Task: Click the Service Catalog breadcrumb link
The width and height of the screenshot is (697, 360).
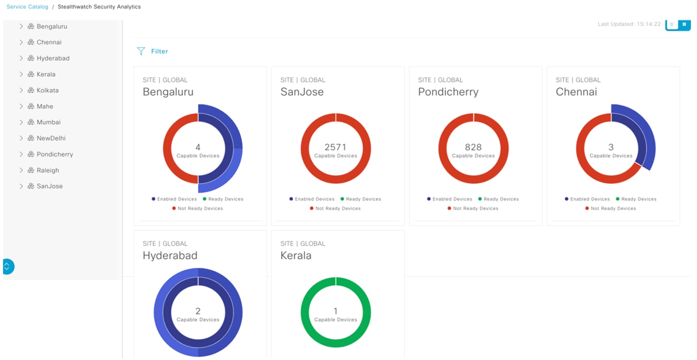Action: (x=27, y=7)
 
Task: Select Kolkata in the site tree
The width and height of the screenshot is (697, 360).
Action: (x=47, y=90)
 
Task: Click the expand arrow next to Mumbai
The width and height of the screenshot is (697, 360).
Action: (x=21, y=122)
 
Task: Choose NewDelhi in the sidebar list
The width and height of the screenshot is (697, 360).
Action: (x=51, y=138)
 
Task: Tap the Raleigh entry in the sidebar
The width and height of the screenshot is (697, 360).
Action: (x=48, y=170)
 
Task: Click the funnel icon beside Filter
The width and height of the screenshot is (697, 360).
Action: (x=141, y=52)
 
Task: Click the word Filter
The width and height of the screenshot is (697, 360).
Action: (x=159, y=52)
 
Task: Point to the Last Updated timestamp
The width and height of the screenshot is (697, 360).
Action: (x=629, y=24)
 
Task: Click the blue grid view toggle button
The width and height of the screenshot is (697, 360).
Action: (x=684, y=24)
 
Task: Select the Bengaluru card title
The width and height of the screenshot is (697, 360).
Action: (x=168, y=92)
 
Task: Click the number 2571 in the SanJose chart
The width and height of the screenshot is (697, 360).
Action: (x=335, y=147)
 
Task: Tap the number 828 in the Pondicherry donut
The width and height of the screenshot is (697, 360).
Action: (x=473, y=147)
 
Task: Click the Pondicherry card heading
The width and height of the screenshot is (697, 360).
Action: (x=448, y=92)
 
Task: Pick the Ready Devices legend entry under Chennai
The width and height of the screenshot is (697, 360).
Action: (x=638, y=199)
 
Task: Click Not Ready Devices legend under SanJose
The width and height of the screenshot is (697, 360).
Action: (x=338, y=209)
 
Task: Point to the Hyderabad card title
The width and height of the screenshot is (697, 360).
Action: (x=170, y=256)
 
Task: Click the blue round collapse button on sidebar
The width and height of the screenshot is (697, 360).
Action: (x=8, y=267)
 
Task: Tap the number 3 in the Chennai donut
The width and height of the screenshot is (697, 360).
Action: (x=611, y=147)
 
